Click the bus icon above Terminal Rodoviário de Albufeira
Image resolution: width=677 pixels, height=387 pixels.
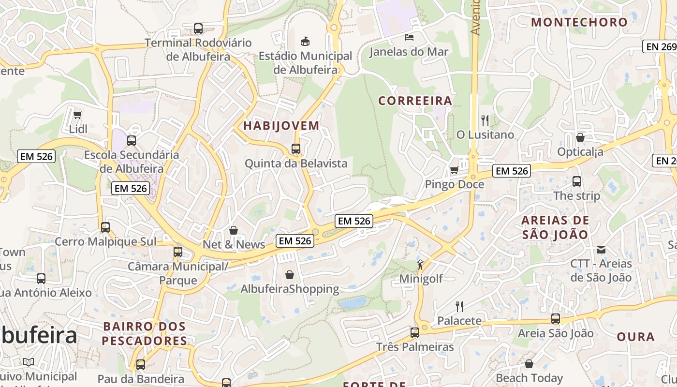198,29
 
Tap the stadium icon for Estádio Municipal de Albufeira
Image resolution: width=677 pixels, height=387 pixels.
305,41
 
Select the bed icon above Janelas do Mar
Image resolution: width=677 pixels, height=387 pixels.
409,37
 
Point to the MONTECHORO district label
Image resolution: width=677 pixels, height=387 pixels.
579,22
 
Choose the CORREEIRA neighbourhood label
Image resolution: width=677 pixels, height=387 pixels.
415,101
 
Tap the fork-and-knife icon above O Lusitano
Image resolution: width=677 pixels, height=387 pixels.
485,120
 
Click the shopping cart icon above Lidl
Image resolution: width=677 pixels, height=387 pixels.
77,115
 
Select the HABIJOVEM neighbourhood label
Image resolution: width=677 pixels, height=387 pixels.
281,126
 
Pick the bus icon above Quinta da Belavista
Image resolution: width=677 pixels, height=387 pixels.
296,149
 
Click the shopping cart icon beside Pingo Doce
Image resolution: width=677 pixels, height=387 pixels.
454,170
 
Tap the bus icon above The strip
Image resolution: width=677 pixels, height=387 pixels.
576,182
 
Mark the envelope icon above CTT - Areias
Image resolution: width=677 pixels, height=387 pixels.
601,250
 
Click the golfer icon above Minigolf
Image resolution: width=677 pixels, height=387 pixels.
420,265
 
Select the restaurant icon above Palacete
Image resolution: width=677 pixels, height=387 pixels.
459,306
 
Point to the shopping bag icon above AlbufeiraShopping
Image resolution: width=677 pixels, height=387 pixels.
290,275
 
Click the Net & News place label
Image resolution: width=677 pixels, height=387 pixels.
234,245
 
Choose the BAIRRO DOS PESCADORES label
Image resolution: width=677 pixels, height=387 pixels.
145,334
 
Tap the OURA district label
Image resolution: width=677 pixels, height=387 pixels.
635,337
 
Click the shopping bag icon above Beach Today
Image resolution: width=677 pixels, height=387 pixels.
529,364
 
